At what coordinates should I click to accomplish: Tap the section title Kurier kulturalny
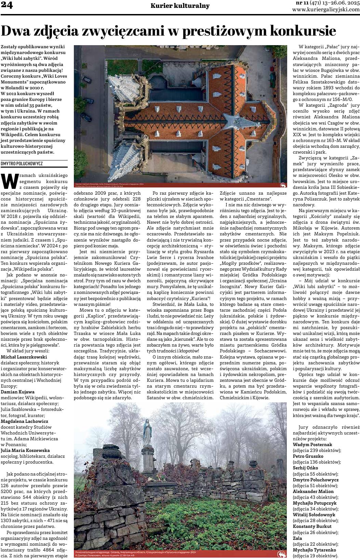(x=180, y=6)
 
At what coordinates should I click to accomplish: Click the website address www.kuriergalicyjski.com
(x=326, y=10)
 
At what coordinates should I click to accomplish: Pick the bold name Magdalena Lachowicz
(x=25, y=421)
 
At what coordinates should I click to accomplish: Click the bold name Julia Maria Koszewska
(x=25, y=450)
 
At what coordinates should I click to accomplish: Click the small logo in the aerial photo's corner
(x=283, y=185)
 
